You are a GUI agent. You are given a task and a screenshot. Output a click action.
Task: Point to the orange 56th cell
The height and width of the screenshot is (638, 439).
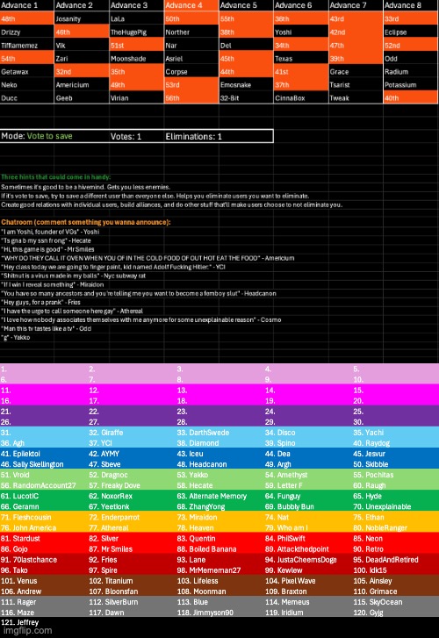click(x=190, y=98)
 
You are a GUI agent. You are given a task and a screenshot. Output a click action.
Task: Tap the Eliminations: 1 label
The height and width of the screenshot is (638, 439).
click(x=195, y=137)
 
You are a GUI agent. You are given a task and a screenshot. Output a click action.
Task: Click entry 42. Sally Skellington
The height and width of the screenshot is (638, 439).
click(x=40, y=462)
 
